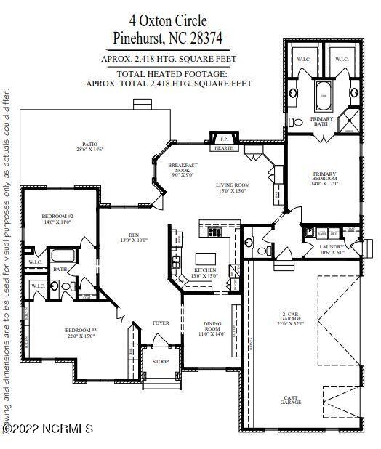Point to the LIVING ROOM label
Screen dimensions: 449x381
[234, 187]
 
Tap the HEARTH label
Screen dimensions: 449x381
[223, 148]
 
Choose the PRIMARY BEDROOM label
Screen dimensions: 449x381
[325, 178]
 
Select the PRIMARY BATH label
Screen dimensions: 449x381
[322, 121]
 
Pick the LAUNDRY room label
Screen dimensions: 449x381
[332, 249]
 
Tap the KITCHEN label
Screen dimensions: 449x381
[183, 273]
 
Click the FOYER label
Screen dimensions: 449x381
[160, 323]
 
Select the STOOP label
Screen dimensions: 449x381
[160, 361]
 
